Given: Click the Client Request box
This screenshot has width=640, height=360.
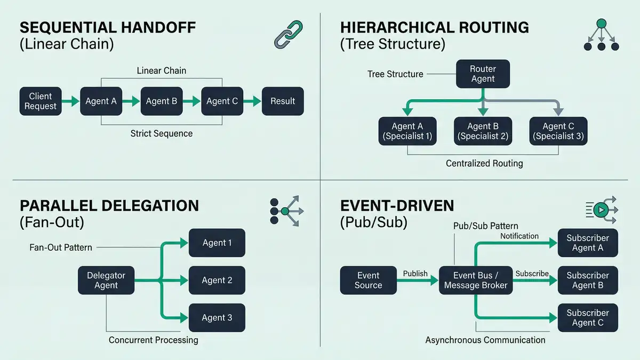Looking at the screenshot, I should (x=41, y=101).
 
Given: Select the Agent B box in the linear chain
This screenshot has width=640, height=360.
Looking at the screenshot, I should (x=161, y=101).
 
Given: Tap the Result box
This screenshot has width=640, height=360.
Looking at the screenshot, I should (x=283, y=101).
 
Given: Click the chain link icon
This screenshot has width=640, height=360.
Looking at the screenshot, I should (x=288, y=34).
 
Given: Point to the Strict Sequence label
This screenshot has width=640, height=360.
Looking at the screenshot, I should (x=161, y=133).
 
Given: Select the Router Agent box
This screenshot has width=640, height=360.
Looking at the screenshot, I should (x=483, y=74).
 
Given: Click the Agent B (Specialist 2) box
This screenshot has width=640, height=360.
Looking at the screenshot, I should (x=483, y=131).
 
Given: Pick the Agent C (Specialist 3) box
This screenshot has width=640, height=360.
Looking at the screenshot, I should (x=558, y=131).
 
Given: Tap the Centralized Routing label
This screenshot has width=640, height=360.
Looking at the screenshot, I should (x=484, y=163).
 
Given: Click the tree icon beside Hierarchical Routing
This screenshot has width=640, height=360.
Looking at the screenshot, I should (x=601, y=35).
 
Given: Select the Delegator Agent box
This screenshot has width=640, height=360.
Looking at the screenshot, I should (x=106, y=280).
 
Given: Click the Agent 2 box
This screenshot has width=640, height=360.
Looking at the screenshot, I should (x=217, y=280).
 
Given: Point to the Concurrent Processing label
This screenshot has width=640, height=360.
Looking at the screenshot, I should (x=153, y=340).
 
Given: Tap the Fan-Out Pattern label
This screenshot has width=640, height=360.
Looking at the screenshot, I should (x=61, y=247).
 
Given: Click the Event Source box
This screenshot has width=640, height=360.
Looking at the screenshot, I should (x=368, y=280).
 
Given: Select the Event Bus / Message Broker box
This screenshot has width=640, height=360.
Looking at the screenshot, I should (x=476, y=280).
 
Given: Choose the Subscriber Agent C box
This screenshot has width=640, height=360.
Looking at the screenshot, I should (x=588, y=317).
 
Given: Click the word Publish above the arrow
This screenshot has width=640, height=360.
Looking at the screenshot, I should (x=415, y=274).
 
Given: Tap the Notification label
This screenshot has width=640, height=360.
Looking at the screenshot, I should (x=519, y=236).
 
